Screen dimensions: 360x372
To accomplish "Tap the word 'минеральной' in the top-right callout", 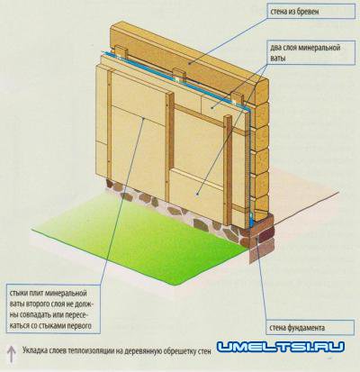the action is (320, 48).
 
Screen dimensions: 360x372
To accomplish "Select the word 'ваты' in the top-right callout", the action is (277, 59).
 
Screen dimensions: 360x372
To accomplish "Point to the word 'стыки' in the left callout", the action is (17, 293).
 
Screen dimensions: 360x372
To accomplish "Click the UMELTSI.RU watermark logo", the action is (281, 347).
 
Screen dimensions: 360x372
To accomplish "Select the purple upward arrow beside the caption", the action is (11, 353).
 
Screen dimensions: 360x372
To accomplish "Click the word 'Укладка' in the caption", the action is (32, 350).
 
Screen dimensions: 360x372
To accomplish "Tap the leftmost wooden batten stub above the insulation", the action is (121, 53).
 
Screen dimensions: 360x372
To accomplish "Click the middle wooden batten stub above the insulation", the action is (178, 75).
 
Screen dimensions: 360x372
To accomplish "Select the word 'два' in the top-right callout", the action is (275, 48).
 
